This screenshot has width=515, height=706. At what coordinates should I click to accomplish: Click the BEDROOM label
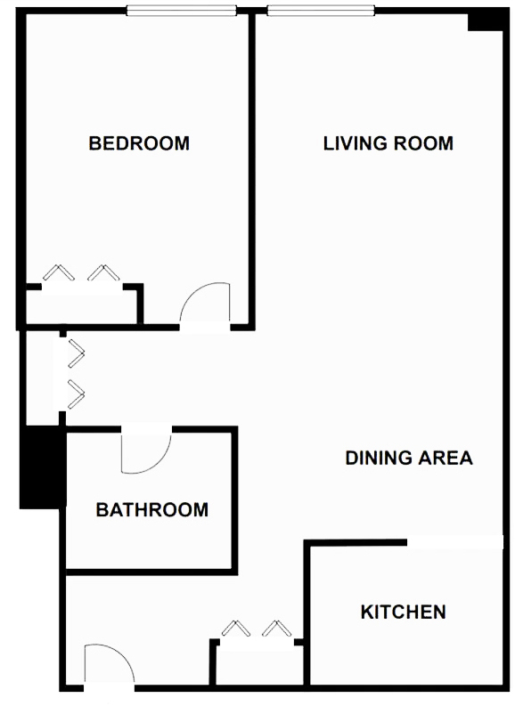point(139,143)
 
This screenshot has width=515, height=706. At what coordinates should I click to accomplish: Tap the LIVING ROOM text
point(388,143)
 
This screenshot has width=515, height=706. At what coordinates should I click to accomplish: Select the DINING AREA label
point(409,458)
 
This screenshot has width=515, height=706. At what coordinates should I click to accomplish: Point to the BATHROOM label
point(151,509)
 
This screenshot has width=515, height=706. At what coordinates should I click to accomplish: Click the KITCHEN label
point(404,612)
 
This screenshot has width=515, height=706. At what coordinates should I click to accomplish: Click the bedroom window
point(182,11)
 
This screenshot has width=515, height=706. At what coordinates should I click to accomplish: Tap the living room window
point(321,11)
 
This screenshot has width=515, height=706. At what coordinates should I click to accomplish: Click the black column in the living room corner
point(486,20)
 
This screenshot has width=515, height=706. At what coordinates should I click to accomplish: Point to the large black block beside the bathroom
point(43,467)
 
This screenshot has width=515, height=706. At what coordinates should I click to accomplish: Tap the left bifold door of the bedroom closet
point(59,272)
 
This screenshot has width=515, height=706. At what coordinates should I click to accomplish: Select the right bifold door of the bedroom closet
point(103,272)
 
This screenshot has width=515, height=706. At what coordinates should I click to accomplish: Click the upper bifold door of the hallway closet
point(77,353)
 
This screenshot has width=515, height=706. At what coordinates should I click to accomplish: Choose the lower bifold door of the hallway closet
point(77,394)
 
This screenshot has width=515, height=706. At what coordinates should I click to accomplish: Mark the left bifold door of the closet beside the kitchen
point(235,628)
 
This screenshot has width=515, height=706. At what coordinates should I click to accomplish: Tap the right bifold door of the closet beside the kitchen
point(276,628)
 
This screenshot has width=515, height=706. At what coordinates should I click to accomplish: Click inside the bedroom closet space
point(81,307)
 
